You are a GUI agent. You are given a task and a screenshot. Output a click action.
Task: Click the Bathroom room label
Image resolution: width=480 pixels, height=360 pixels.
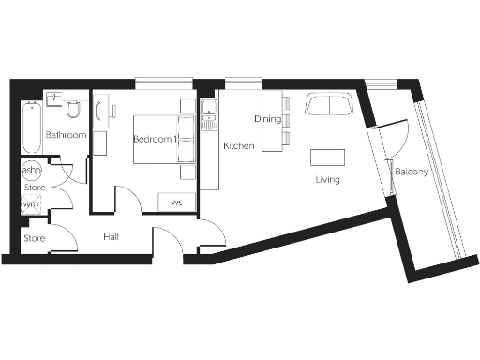click(66, 136)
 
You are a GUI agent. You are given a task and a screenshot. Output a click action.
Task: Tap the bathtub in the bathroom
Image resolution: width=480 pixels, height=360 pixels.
click(31, 127)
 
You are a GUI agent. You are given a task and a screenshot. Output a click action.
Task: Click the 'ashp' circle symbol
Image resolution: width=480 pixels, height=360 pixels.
click(31, 171)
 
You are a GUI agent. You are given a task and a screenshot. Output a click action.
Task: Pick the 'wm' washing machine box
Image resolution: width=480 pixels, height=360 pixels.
click(31, 203)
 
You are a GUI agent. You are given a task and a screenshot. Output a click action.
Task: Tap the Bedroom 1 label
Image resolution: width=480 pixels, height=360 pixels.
click(154, 139)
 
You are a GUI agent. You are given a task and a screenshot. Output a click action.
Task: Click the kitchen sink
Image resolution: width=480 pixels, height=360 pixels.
click(209, 117)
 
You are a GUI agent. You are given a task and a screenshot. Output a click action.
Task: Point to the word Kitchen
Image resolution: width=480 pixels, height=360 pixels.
click(238, 147)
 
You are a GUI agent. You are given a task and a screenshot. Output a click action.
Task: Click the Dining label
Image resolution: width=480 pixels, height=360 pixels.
click(268, 119)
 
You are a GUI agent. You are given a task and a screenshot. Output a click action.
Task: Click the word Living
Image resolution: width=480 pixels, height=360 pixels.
click(327, 179)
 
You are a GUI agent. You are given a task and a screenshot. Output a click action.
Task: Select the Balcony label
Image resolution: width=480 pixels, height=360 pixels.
click(412, 172)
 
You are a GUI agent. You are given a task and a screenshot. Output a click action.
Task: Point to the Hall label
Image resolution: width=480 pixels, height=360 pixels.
click(112, 237)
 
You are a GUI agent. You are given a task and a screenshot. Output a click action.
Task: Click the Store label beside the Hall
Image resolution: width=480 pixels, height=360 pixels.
click(34, 238)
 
